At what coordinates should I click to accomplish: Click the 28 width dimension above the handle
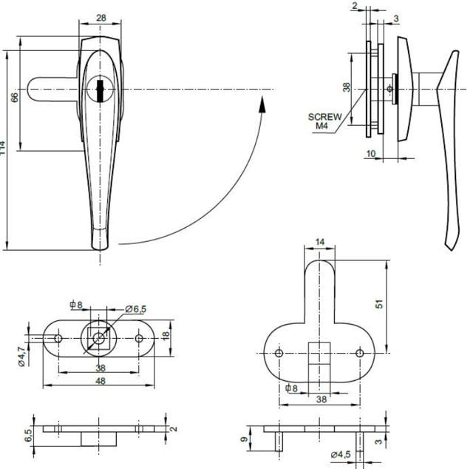100,17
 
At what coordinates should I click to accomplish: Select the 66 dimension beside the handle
14,98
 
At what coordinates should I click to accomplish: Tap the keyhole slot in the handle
99,90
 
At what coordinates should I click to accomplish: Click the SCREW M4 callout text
324,121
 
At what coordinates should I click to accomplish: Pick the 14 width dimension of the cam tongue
319,242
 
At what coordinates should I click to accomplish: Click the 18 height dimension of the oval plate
166,335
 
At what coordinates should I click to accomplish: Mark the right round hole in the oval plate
140,338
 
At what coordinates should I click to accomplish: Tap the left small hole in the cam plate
279,353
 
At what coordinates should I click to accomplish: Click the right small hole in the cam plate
360,353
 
